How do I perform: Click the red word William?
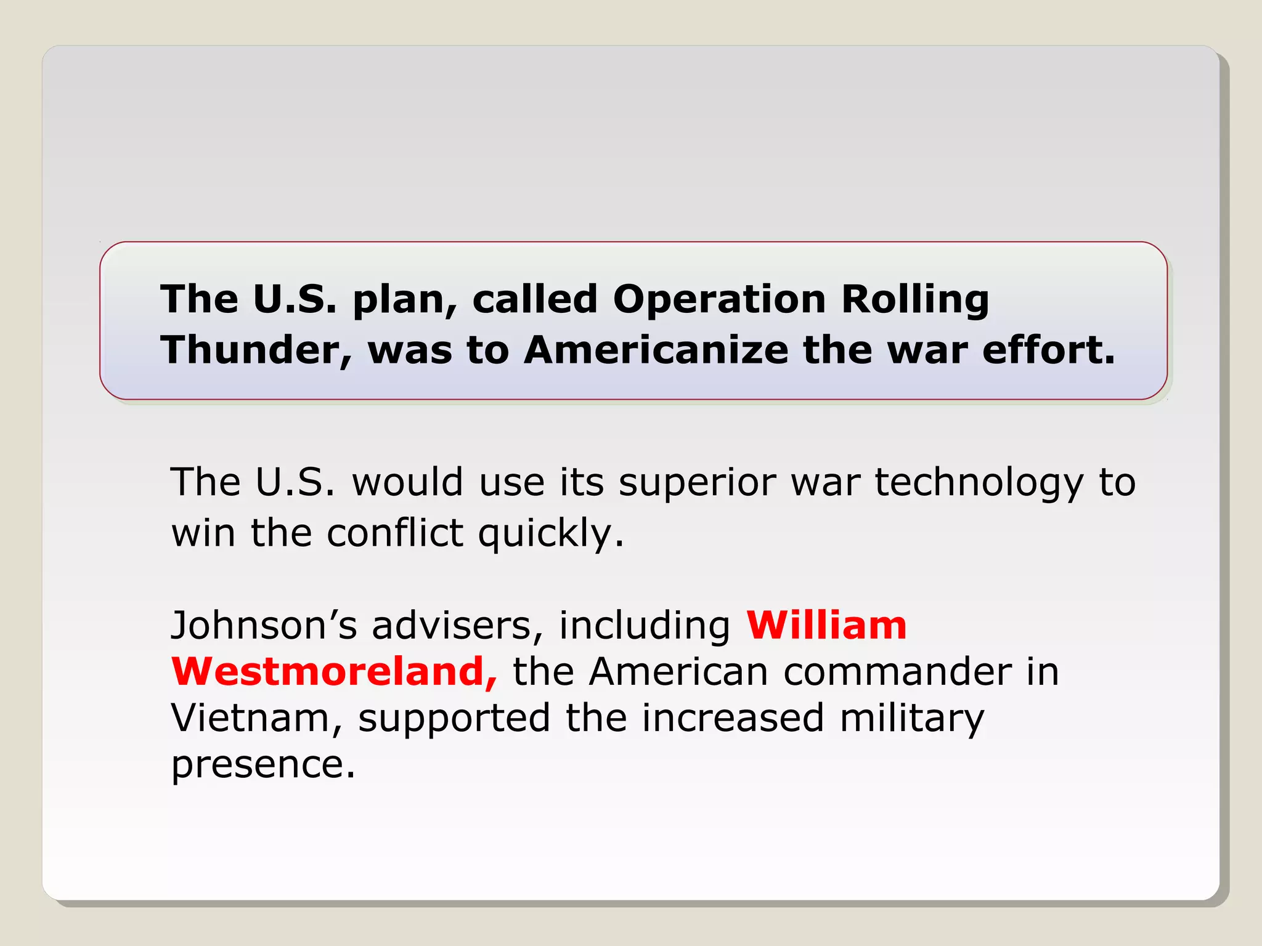(x=826, y=626)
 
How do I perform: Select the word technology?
(x=979, y=482)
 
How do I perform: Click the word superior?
(x=697, y=482)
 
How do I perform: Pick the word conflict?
(x=394, y=533)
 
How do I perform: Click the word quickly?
(x=551, y=534)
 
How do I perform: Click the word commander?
(x=897, y=671)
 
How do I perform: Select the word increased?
(x=733, y=718)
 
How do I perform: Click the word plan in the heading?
(x=405, y=300)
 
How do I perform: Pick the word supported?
(x=454, y=719)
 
